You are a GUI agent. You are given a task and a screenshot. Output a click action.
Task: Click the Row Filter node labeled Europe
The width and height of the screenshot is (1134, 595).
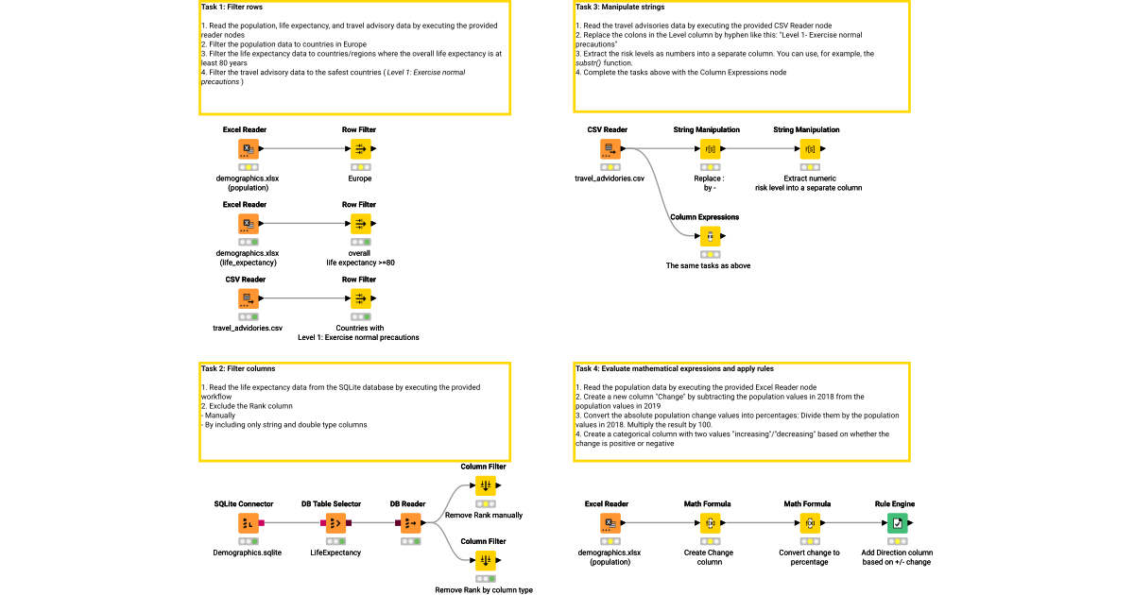(x=359, y=148)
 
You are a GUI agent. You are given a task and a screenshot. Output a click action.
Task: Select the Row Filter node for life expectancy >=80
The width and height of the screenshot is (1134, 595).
(x=359, y=224)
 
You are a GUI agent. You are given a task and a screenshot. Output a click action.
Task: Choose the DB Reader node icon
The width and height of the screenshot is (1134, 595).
(x=409, y=523)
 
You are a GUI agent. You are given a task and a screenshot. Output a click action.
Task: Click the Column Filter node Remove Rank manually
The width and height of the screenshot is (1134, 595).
(x=484, y=485)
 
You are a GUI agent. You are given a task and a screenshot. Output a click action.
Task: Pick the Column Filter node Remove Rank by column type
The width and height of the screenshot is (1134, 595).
(x=484, y=560)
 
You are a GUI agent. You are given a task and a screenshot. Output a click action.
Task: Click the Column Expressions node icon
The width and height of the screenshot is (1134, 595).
(x=710, y=236)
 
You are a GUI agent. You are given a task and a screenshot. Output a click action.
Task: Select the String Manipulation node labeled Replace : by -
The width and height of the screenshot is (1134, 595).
(x=709, y=148)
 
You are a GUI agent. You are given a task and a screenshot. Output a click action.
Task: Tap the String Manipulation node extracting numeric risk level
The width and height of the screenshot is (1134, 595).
(x=809, y=148)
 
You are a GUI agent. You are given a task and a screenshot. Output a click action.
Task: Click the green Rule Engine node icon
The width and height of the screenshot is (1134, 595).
(x=894, y=523)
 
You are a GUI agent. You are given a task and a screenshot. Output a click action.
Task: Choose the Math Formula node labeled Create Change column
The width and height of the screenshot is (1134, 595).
(x=709, y=523)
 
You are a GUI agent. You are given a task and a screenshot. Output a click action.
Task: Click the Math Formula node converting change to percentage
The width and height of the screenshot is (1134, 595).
(x=809, y=523)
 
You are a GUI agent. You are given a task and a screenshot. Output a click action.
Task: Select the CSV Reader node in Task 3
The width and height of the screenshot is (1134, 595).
(x=609, y=148)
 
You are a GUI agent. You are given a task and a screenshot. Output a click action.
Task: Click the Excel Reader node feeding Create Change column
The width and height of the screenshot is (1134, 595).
(x=609, y=523)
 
